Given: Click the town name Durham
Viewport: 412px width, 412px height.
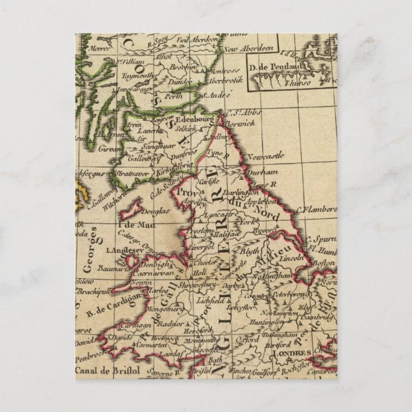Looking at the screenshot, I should [264, 172].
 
